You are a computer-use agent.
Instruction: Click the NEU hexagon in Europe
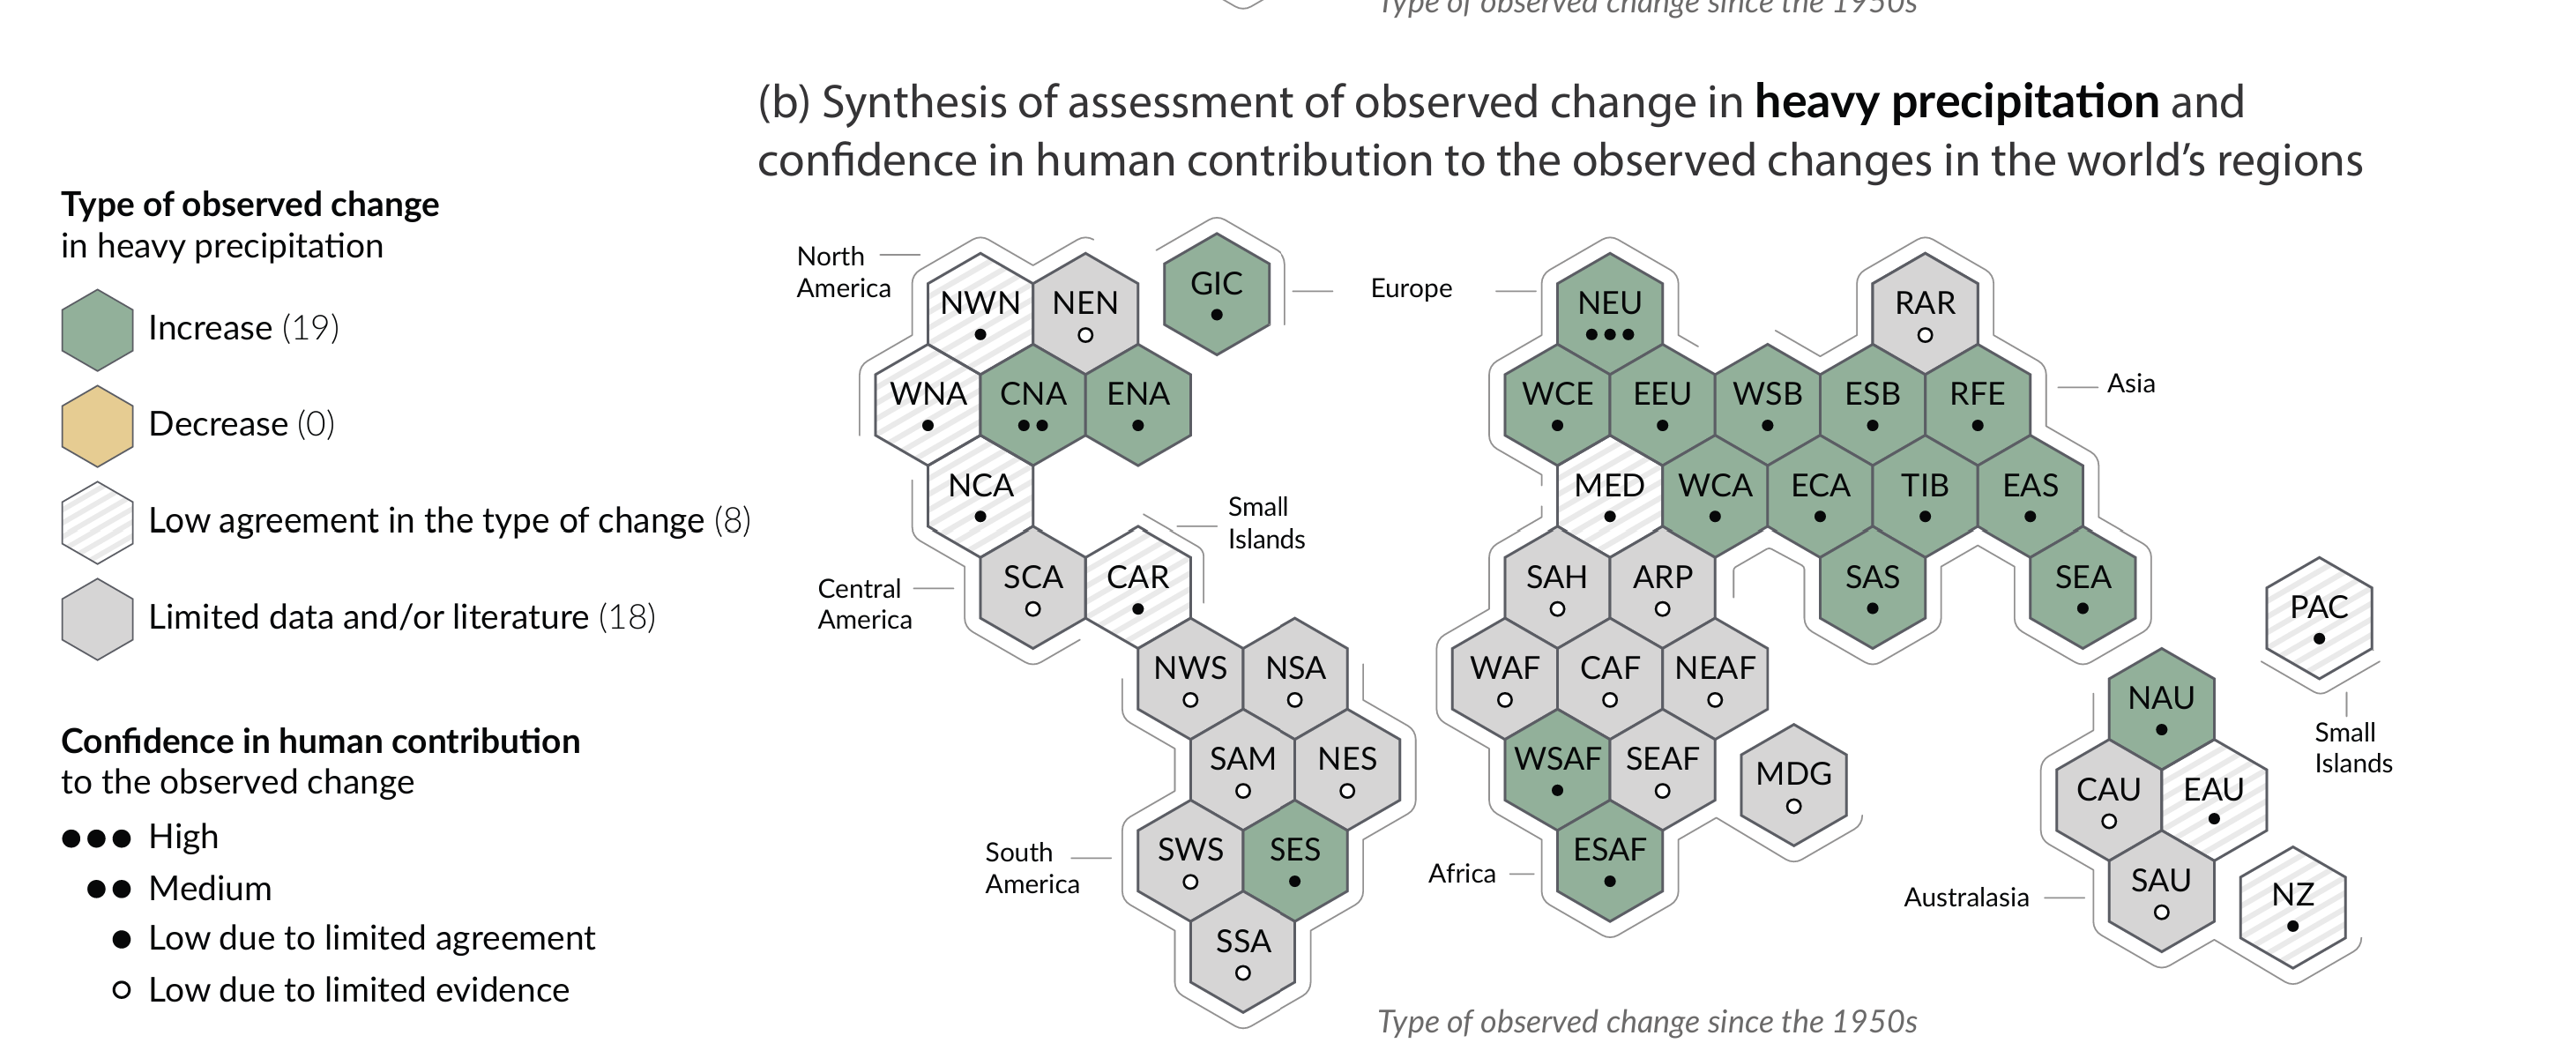coord(1609,313)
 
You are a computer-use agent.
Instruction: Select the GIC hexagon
coord(1216,294)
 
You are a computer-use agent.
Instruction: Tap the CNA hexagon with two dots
coord(1033,404)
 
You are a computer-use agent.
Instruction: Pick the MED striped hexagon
coord(1609,496)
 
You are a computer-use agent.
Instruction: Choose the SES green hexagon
coord(1294,861)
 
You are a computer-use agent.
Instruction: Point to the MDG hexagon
coord(1793,785)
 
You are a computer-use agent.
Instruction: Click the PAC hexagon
coord(2319,618)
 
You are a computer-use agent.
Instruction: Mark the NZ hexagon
coord(2292,906)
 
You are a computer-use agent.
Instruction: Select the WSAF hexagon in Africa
coord(1557,770)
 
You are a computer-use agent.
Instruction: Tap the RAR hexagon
coord(1924,313)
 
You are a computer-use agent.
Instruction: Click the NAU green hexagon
coord(2161,709)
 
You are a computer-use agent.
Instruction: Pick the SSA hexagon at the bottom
coord(1242,952)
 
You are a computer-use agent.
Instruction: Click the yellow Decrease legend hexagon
coord(97,426)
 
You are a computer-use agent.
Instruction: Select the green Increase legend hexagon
coord(97,330)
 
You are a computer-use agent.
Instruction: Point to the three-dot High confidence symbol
coord(96,838)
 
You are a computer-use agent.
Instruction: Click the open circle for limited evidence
coord(122,990)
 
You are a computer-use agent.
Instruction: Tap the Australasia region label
coord(1965,898)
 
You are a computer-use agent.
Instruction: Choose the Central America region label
coord(864,604)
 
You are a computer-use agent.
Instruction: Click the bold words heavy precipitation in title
coord(1956,101)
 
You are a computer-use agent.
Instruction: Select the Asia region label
coord(2130,384)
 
